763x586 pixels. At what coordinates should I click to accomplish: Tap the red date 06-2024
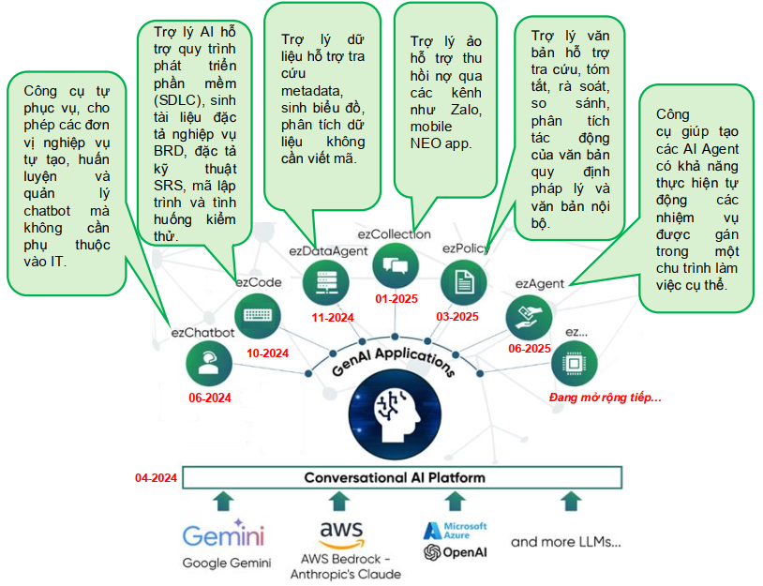click(209, 398)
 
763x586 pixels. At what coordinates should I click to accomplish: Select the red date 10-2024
click(267, 353)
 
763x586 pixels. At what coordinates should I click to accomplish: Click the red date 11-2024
click(332, 317)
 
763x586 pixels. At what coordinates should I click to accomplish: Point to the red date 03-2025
click(456, 317)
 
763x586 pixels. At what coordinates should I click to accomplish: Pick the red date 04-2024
click(156, 478)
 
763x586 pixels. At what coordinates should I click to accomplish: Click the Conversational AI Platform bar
click(401, 478)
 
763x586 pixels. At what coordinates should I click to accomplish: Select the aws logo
click(341, 535)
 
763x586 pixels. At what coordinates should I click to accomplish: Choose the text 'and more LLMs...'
click(565, 542)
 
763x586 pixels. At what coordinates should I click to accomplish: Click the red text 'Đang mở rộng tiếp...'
click(605, 398)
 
